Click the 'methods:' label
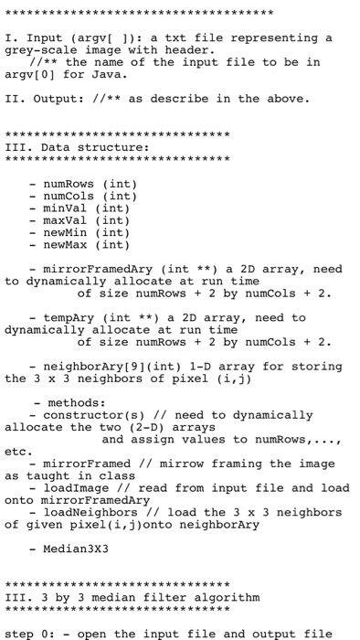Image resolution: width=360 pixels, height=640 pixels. tap(77, 401)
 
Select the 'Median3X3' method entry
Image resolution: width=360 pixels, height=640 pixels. tap(77, 548)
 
